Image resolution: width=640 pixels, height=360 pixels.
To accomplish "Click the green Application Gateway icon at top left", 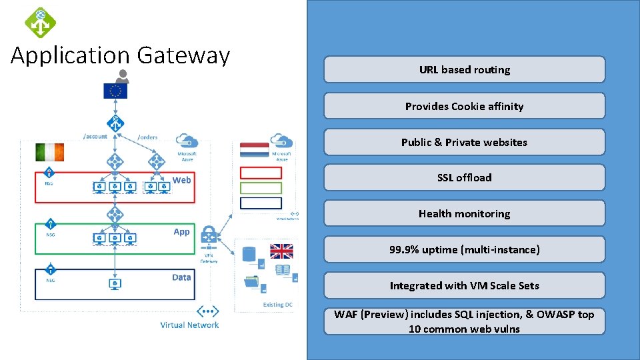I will [x=40, y=21].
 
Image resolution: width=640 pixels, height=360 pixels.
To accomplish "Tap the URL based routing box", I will [x=464, y=69].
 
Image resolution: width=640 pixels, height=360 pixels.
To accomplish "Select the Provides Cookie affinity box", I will [x=464, y=106].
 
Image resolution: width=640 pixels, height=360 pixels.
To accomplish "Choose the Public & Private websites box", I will [x=464, y=142].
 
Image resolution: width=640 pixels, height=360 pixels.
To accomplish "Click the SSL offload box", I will [x=464, y=177].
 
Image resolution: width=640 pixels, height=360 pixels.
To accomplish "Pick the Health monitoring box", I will [x=464, y=213].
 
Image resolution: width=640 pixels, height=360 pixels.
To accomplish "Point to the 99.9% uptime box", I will [x=464, y=249].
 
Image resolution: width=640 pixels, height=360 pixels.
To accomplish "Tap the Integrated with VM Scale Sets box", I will [x=464, y=285].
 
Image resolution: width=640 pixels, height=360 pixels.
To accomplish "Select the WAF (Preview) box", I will [x=464, y=321].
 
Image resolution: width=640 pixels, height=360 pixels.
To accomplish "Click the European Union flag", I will [x=115, y=91].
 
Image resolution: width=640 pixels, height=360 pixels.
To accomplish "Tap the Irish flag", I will [x=49, y=152].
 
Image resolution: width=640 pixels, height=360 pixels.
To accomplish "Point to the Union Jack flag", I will [x=281, y=251].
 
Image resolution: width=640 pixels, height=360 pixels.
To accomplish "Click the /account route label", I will [x=95, y=136].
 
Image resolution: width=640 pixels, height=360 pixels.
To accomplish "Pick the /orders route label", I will [x=147, y=137].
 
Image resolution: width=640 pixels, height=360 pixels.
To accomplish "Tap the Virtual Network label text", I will [x=189, y=325].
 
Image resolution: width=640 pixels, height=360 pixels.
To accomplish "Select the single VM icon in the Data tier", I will [x=115, y=284].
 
